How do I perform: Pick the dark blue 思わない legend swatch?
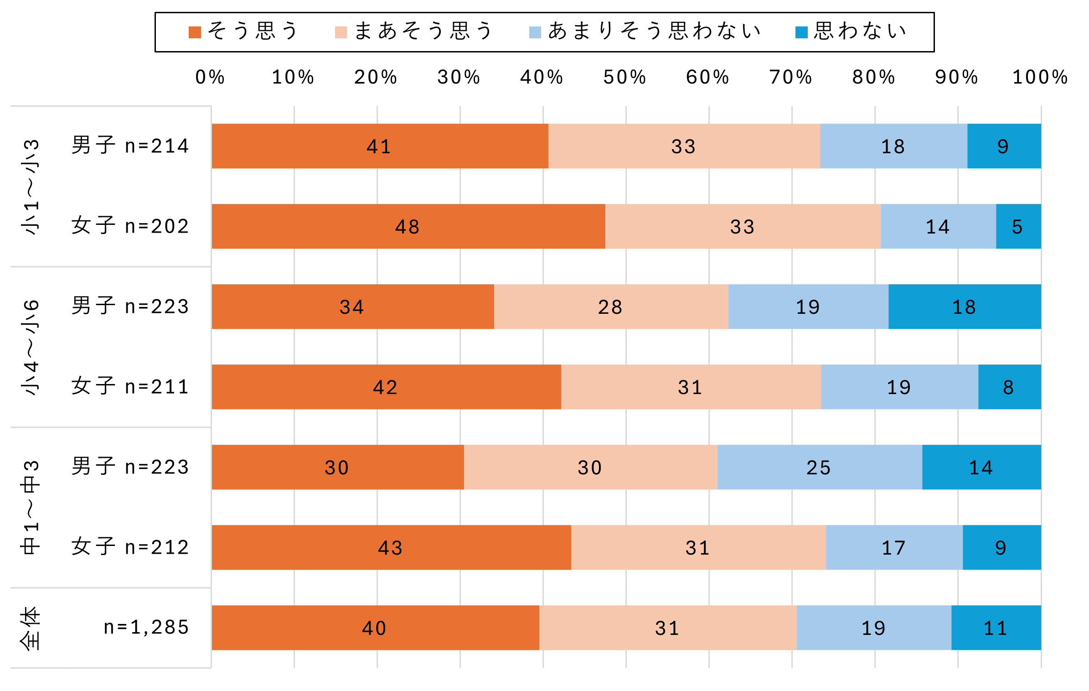801,32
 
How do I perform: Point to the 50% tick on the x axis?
625,78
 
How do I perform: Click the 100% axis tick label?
1040,78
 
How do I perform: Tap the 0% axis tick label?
210,78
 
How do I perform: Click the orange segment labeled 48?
408,226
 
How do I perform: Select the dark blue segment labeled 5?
1018,226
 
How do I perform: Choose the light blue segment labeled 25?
819,467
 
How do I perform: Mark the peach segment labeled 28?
611,307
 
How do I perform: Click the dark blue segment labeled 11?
996,628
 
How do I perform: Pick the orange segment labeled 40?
375,628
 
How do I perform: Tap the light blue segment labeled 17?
894,547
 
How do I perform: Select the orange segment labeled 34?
352,307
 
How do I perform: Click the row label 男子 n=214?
130,146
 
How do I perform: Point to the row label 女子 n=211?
130,387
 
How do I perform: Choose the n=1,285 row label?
146,628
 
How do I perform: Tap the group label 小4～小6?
31,347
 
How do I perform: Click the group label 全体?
31,628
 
